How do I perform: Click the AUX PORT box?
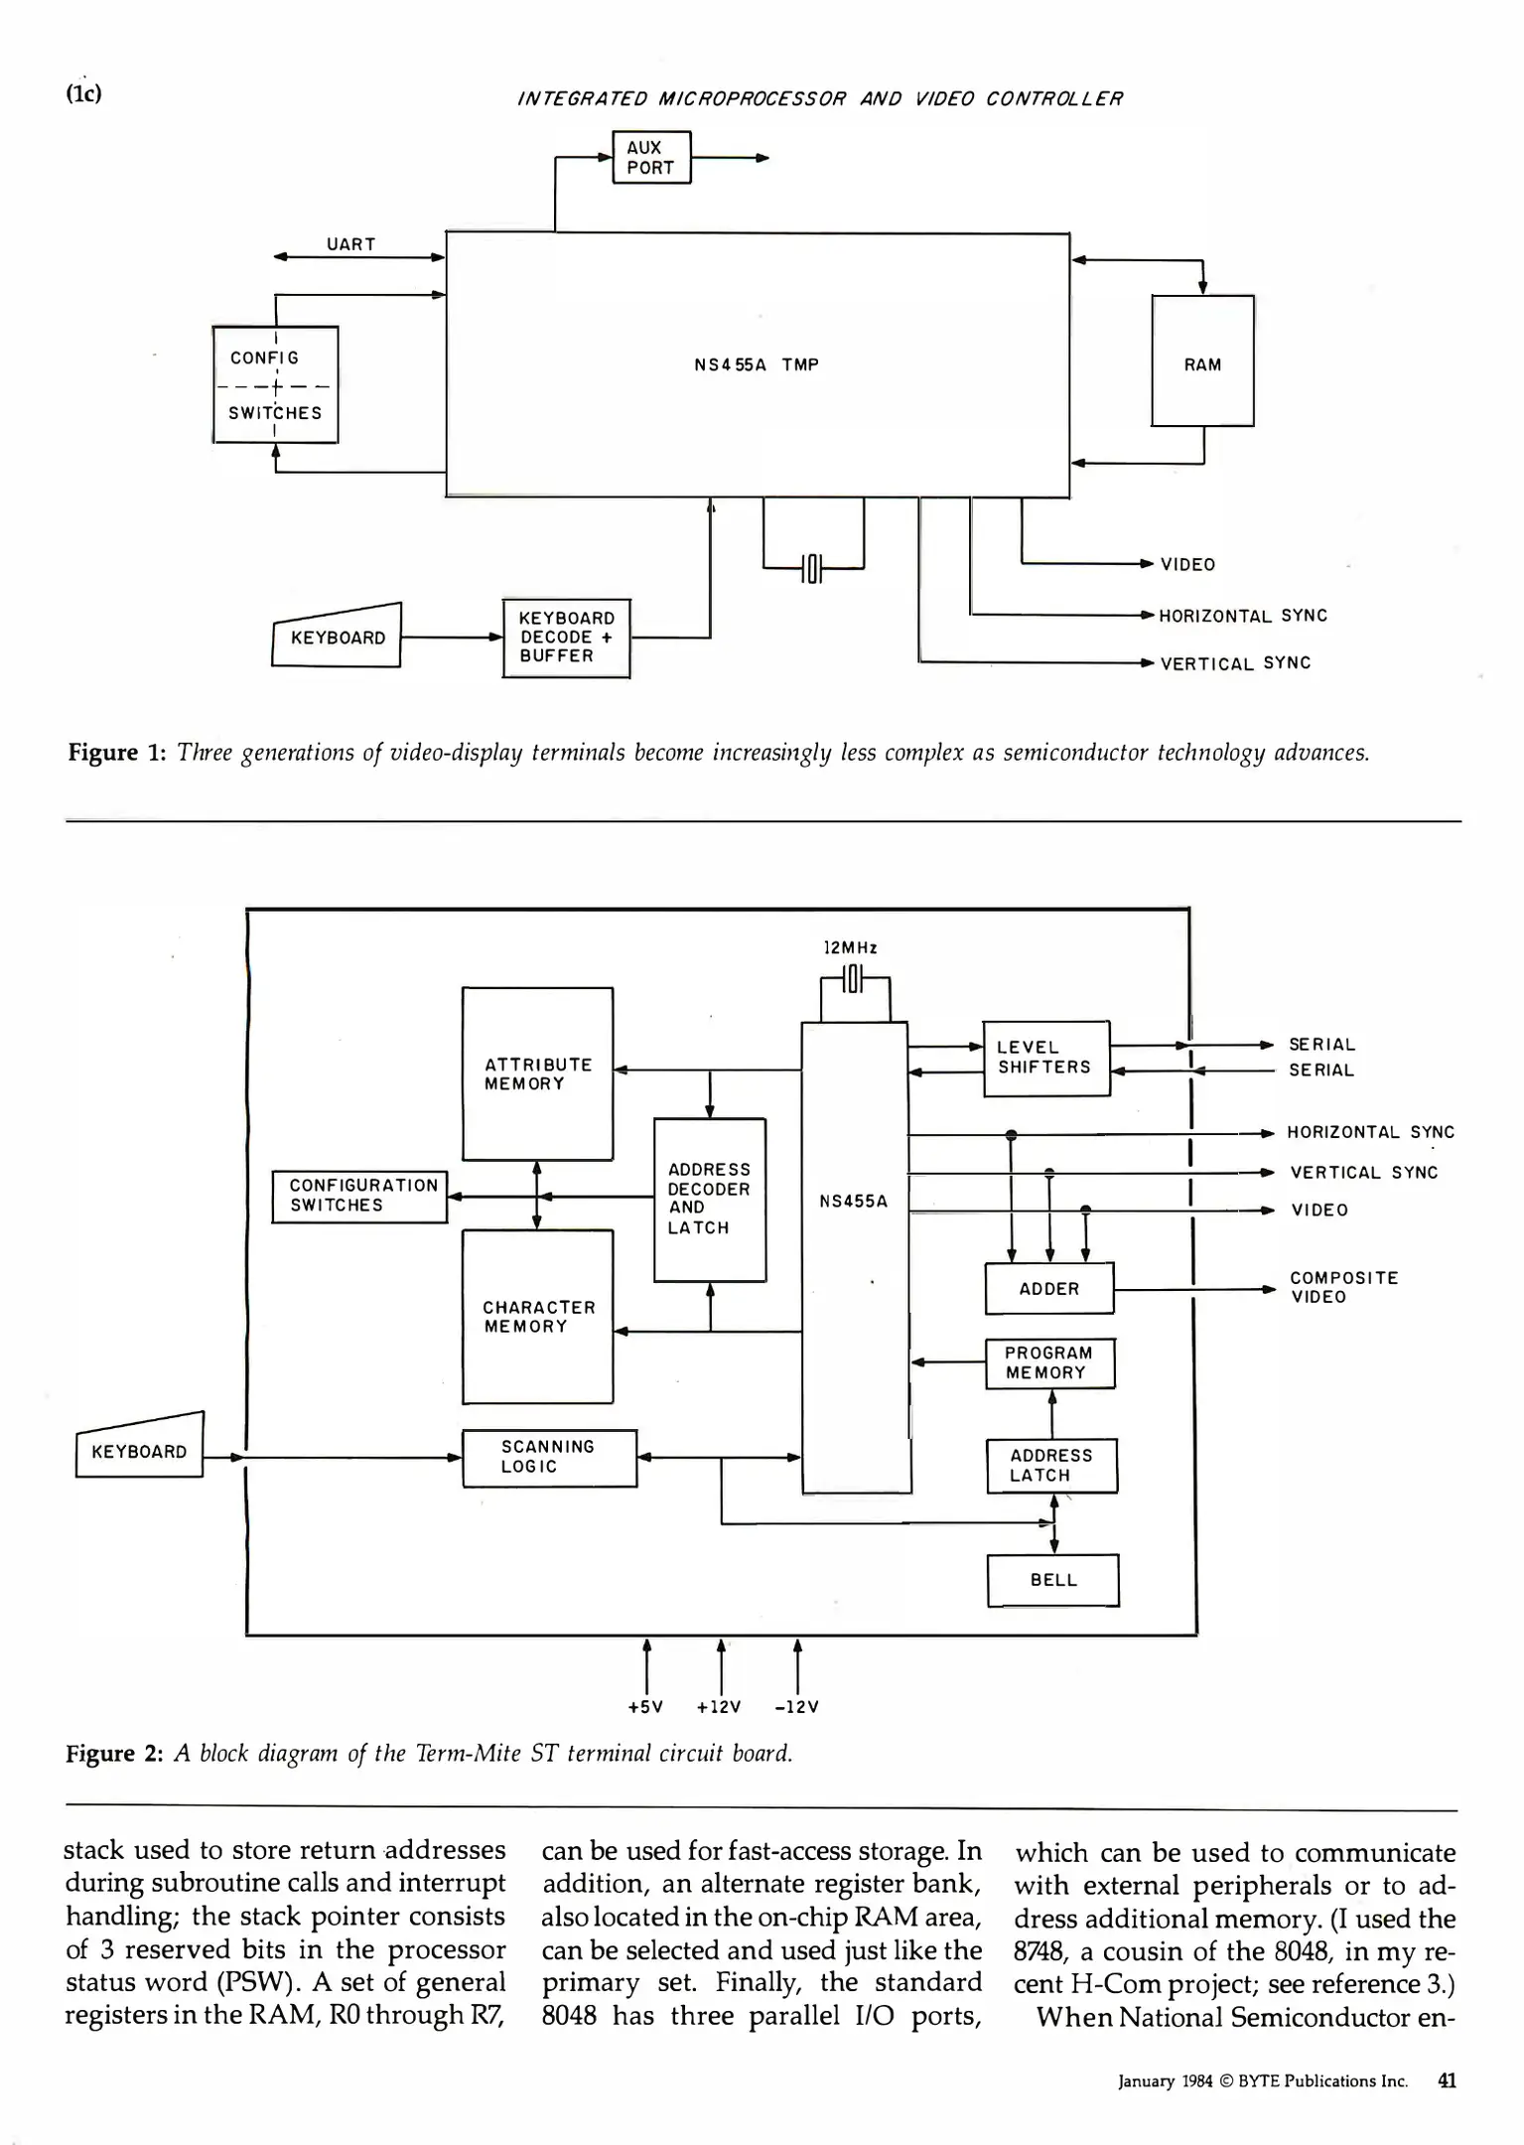click(650, 158)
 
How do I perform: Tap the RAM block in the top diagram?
click(1202, 361)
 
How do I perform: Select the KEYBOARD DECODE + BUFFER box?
click(566, 638)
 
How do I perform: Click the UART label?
click(351, 244)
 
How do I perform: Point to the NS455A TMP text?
click(757, 364)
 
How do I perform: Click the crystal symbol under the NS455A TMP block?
click(812, 568)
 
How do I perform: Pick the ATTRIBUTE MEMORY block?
click(537, 1073)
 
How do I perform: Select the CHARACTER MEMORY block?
click(537, 1316)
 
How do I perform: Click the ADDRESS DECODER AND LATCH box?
click(709, 1199)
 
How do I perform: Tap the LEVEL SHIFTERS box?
click(1045, 1058)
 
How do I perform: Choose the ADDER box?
click(1048, 1288)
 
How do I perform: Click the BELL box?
click(1052, 1579)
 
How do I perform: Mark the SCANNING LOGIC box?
click(548, 1457)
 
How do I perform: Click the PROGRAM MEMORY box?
click(1049, 1362)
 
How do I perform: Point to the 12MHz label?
click(851, 947)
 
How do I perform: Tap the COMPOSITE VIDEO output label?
click(1342, 1287)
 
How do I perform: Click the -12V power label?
click(796, 1707)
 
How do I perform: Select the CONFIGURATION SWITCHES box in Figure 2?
click(360, 1195)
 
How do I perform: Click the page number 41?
click(1447, 2080)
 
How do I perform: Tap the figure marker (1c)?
click(83, 93)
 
